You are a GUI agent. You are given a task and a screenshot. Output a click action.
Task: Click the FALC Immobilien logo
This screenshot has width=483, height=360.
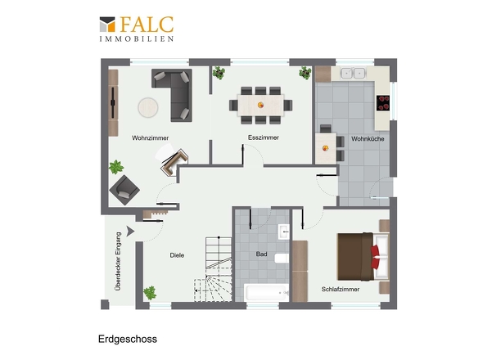(137, 29)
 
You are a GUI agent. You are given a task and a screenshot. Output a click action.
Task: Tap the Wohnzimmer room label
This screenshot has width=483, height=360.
(151, 138)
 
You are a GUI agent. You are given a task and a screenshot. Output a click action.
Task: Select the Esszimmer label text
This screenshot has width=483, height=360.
(264, 137)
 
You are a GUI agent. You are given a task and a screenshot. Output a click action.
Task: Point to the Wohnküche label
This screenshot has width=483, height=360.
(368, 139)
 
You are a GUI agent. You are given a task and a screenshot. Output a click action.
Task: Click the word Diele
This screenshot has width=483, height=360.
(177, 255)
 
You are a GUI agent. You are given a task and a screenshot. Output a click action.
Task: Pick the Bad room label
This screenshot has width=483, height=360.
(261, 254)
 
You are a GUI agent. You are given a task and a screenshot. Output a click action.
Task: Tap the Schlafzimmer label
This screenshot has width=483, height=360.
(341, 289)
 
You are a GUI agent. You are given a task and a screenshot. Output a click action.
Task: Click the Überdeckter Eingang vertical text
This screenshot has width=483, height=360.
(118, 261)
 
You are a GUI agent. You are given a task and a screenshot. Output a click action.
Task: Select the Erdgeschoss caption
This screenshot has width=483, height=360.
(128, 339)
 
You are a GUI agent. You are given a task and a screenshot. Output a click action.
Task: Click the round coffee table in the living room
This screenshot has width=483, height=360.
(148, 107)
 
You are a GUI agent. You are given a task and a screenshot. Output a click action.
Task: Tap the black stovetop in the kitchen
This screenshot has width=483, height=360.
(383, 103)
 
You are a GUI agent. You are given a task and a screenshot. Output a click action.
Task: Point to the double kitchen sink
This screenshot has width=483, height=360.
(353, 73)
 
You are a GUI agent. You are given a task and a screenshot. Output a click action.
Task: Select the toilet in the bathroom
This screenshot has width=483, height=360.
(282, 259)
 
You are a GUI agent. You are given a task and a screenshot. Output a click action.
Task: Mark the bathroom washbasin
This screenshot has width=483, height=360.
(284, 232)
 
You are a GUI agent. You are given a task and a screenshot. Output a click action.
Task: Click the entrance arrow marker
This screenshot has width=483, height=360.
(130, 231)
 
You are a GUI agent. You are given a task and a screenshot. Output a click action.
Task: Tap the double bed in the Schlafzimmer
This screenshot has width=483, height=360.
(363, 257)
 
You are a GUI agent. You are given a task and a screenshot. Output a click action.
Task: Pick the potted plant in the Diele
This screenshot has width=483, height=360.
(150, 293)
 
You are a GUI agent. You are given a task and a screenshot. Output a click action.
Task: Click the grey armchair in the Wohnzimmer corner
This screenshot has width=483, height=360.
(124, 190)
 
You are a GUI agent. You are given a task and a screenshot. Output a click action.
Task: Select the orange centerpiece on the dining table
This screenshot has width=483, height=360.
(260, 105)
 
